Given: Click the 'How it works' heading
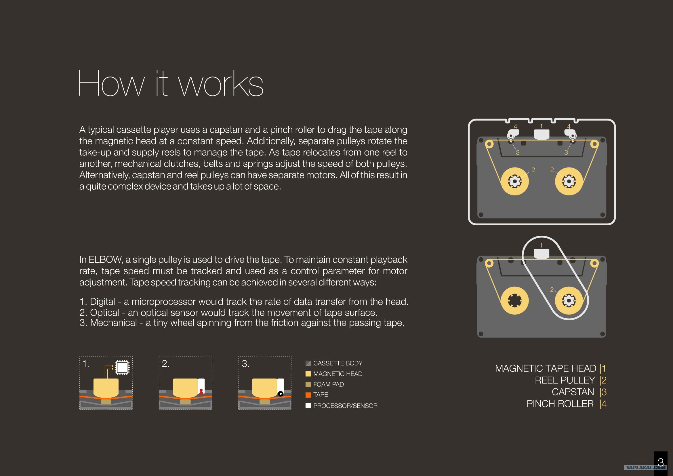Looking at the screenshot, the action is coord(171,83).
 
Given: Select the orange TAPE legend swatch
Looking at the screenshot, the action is coord(308,395).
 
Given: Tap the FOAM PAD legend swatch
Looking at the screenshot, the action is coord(308,384).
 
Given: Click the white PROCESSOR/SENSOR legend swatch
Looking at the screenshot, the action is coord(308,406).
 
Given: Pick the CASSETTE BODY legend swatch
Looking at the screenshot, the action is coord(308,363).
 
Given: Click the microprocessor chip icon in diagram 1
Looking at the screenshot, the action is coord(122,367).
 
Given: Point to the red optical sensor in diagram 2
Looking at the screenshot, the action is coord(201,392).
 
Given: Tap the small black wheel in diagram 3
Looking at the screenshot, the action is coord(281,394).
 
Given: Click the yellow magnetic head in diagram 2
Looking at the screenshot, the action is coord(185,388).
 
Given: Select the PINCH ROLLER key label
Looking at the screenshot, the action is coord(560,404).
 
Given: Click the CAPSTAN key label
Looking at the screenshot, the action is coord(573,392).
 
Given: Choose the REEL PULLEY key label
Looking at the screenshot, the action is coord(565,380).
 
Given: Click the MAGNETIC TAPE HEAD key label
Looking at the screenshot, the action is coord(546,368).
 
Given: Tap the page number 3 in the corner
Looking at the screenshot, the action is coord(660,462).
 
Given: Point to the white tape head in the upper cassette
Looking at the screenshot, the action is coord(542,134).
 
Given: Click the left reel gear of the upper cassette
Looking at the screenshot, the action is coord(514,181).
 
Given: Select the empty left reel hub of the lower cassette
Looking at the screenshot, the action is coord(514,301).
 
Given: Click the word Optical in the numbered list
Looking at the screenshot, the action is coord(104,313).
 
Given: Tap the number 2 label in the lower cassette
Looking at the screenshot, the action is coord(552,290).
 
